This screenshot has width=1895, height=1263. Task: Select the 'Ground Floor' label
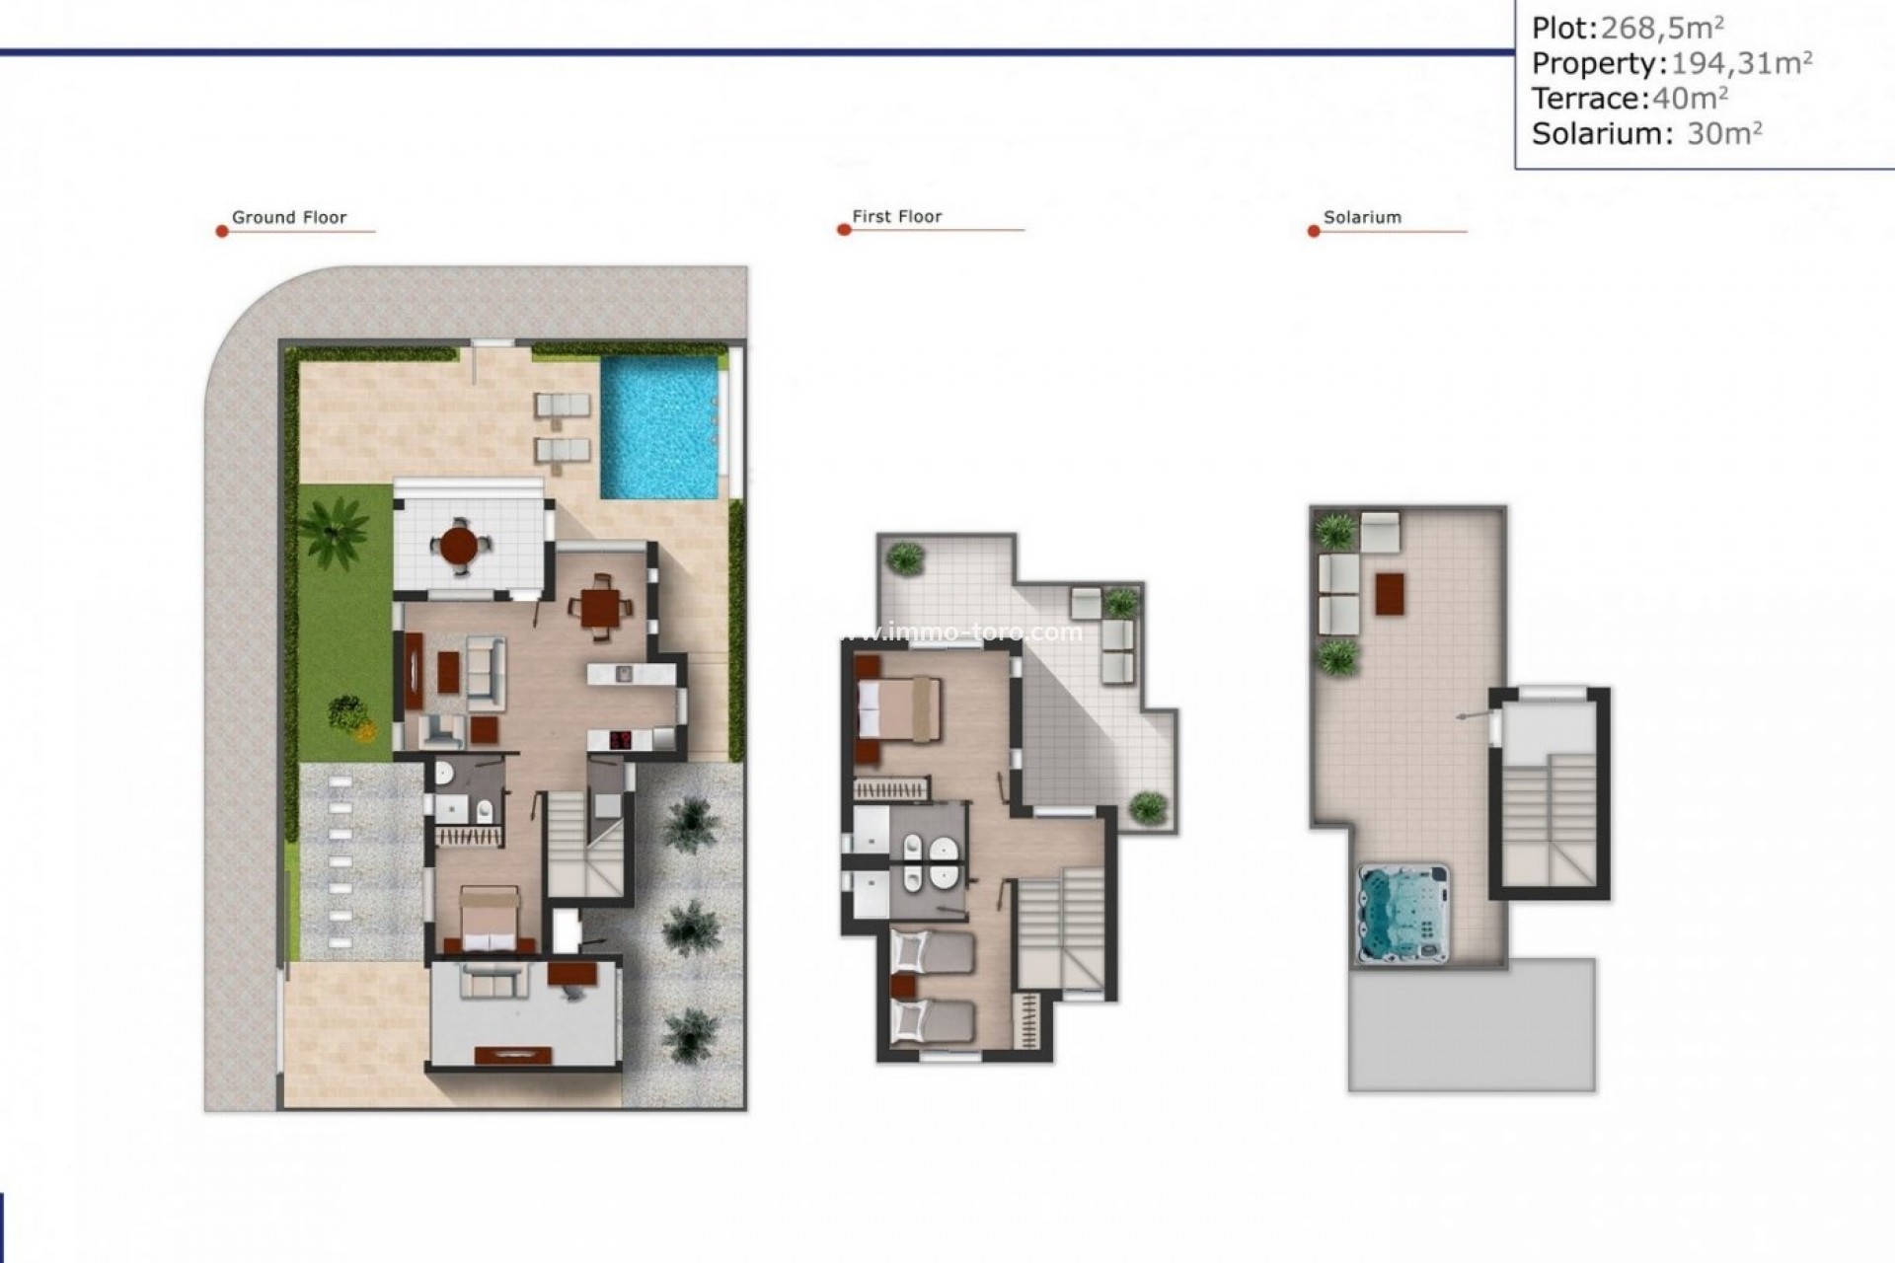tap(289, 218)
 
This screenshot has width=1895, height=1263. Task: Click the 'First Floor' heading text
tap(897, 217)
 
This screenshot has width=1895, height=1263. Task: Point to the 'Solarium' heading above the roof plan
tap(1362, 218)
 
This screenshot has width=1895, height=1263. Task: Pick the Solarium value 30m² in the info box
tap(1724, 133)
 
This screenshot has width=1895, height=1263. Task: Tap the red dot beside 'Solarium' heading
tap(1314, 232)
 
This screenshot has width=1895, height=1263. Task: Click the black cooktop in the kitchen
tap(622, 740)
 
